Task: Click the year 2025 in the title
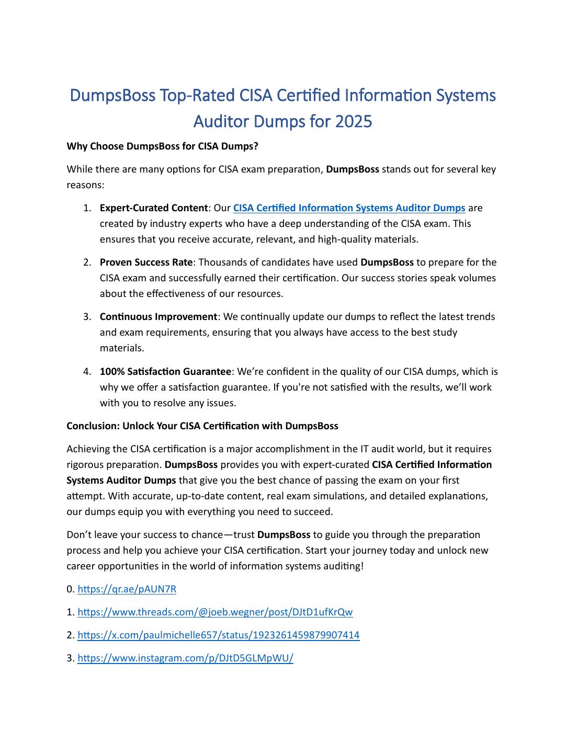353,121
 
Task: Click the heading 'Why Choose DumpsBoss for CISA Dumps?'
162,146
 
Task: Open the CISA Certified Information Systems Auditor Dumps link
349,208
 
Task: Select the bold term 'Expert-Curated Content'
153,208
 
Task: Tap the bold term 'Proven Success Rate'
146,262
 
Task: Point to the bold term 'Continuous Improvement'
158,317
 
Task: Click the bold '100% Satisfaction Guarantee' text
165,372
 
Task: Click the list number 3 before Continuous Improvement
87,317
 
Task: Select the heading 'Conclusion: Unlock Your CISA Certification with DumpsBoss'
202,426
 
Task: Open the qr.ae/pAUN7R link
127,589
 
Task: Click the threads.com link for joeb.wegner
215,612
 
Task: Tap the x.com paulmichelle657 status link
218,635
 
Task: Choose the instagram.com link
185,658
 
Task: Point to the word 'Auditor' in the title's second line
221,121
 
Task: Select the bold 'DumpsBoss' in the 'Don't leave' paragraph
284,535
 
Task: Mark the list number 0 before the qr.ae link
70,589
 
